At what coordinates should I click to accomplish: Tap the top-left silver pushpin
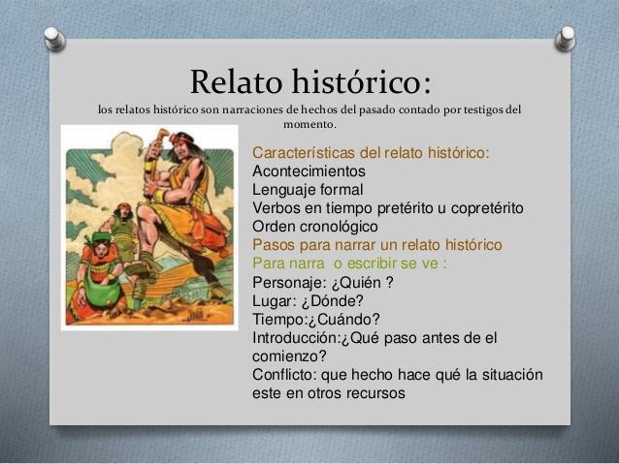(54, 38)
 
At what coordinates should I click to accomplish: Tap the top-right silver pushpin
(566, 38)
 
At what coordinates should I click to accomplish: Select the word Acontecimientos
(309, 171)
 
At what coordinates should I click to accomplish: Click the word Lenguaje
(284, 190)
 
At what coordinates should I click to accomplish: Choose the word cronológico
(339, 227)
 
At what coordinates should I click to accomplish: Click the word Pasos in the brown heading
(274, 245)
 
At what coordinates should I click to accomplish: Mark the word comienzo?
(289, 356)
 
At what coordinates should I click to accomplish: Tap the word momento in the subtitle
(309, 125)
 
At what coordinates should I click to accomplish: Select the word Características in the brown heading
(304, 152)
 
